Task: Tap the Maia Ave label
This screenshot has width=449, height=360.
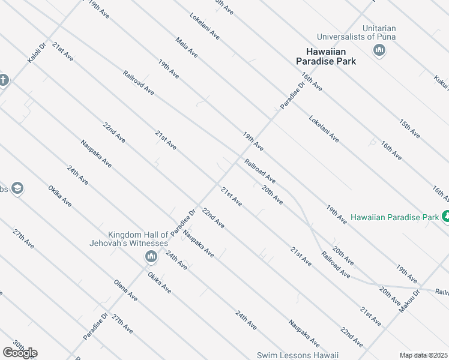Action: [x=187, y=48]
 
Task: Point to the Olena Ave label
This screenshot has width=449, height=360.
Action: [x=125, y=290]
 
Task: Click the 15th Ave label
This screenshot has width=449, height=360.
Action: [x=409, y=129]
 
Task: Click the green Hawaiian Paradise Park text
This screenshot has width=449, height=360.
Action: [x=394, y=217]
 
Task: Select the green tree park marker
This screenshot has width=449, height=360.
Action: [x=445, y=216]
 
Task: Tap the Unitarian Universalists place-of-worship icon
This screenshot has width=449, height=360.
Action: [x=379, y=50]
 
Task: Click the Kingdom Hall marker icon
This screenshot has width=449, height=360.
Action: [x=151, y=257]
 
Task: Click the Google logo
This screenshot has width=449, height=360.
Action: [x=20, y=353]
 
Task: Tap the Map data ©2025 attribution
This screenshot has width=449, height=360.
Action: [x=423, y=355]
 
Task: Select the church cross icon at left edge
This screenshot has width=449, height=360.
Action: [x=4, y=80]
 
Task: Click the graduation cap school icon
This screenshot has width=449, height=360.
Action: [x=17, y=189]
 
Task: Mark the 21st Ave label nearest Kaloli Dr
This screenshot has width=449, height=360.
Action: [x=62, y=52]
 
